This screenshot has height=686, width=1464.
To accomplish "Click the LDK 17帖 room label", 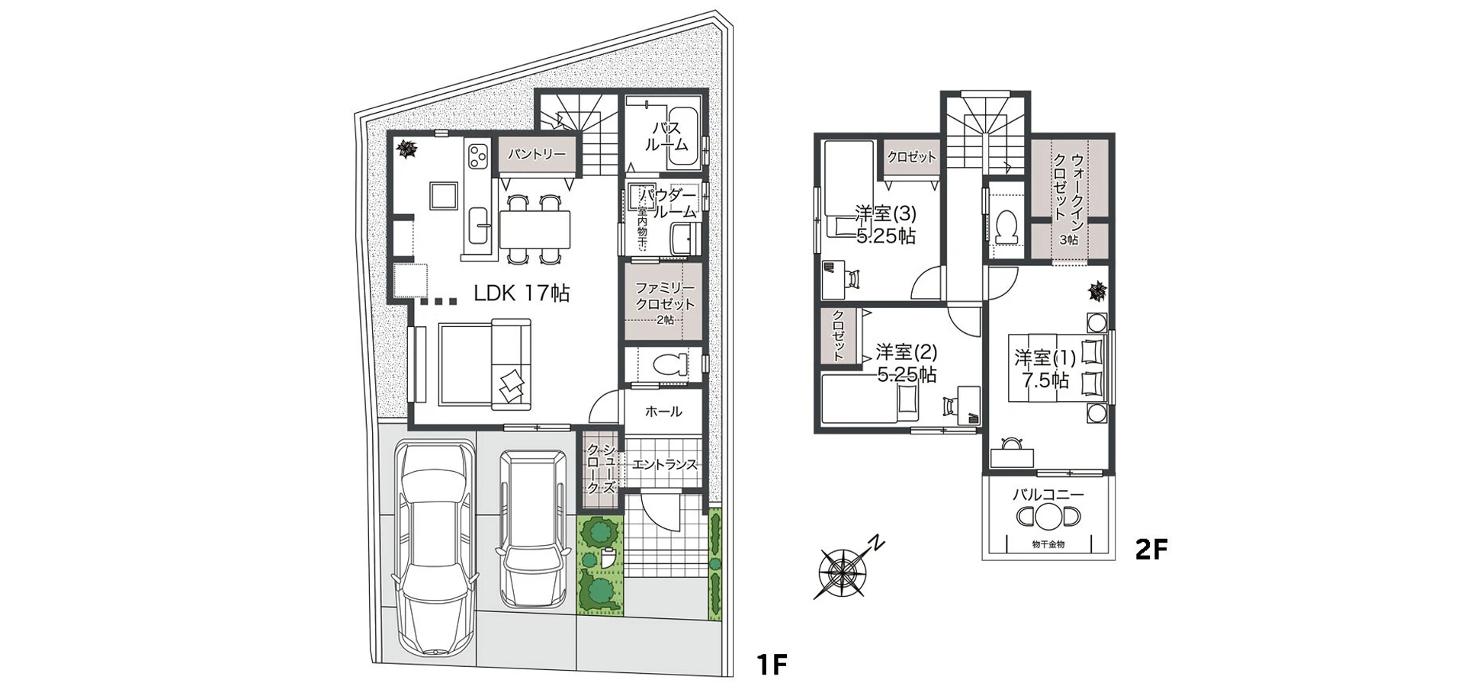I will point(522,293).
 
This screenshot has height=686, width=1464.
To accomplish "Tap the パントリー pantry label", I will point(538,155).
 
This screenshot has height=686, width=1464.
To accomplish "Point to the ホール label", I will point(663,412).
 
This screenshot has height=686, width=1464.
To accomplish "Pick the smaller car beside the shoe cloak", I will point(533,526).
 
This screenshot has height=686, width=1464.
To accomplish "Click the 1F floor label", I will point(771,665).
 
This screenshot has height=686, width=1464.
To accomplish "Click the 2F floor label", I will point(1151,549).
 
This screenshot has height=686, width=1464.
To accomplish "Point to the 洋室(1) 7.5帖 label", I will point(1045,368).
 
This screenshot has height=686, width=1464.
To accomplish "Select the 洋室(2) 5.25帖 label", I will point(906,363).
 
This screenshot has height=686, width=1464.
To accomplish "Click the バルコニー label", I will point(1048,495).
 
